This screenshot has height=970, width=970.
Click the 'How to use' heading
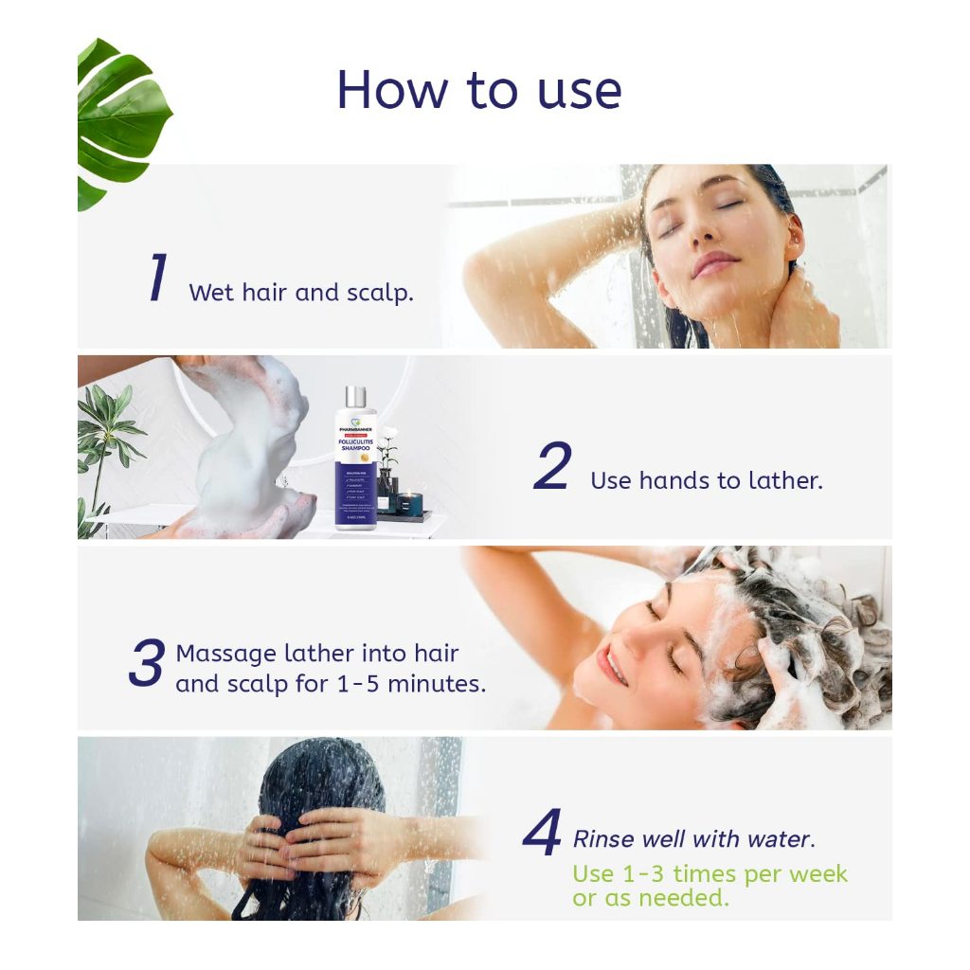(x=478, y=91)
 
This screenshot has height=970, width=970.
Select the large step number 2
(x=552, y=467)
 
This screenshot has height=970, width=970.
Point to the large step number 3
(x=147, y=663)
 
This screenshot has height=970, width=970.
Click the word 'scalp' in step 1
(x=382, y=293)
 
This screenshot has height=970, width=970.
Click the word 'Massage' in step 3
(x=226, y=654)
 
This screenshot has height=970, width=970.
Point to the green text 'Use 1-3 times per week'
(x=710, y=873)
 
